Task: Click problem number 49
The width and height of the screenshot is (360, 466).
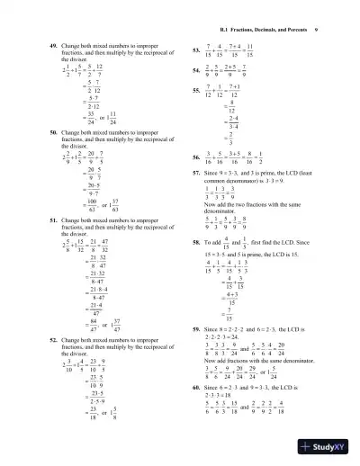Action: tap(52, 44)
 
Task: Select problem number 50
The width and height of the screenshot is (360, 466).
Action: tap(52, 131)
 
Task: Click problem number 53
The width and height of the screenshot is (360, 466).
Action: tap(197, 49)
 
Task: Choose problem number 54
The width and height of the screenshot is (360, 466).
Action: tap(197, 68)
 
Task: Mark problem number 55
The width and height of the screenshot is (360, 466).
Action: tap(197, 90)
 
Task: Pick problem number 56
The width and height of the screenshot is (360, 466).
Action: tap(197, 156)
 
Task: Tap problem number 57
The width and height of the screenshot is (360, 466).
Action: tap(197, 171)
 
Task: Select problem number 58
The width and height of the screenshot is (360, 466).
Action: tap(197, 241)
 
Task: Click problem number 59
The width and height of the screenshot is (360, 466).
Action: tap(197, 330)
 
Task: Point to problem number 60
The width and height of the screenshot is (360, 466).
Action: tap(197, 386)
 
